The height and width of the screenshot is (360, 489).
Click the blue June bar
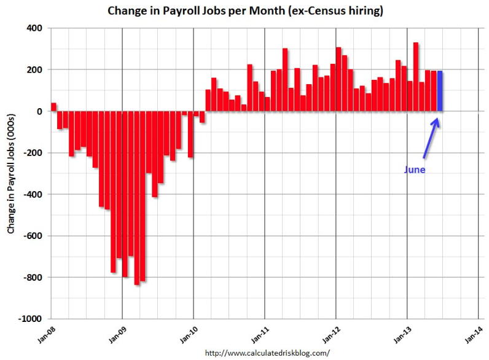pyautogui.click(x=440, y=91)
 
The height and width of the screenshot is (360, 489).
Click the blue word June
pyautogui.click(x=414, y=170)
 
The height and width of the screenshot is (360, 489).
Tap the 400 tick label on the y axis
pyautogui.click(x=34, y=28)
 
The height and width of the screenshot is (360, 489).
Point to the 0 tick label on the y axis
pyautogui.click(x=39, y=111)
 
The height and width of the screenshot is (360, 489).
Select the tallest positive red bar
pyautogui.click(x=416, y=77)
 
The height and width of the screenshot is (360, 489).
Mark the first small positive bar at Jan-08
pyautogui.click(x=53, y=107)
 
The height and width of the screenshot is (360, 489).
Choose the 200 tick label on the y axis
pyautogui.click(x=34, y=70)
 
